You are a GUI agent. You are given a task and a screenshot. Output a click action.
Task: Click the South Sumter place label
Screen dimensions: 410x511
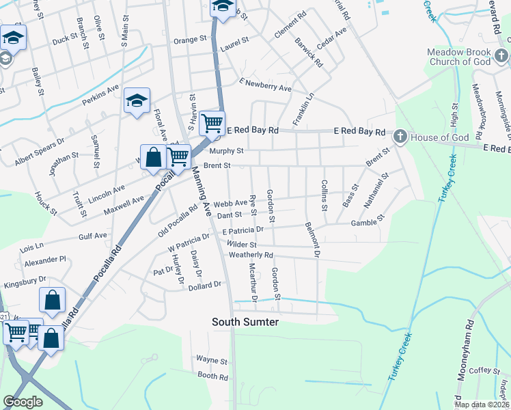[245, 321]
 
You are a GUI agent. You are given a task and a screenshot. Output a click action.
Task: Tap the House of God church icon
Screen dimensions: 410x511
[400, 137]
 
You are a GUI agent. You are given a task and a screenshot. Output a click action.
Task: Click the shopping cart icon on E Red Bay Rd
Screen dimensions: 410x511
[212, 124]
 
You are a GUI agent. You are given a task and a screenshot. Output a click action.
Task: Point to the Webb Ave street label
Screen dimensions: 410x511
[230, 204]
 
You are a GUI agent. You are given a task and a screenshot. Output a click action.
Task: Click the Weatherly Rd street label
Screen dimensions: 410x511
[251, 255]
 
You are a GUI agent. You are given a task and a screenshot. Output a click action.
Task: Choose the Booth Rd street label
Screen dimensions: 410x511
[212, 375]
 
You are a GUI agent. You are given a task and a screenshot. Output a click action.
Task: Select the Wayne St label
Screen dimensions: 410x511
[211, 359]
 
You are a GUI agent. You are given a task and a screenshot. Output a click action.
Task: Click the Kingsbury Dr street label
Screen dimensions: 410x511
[25, 279]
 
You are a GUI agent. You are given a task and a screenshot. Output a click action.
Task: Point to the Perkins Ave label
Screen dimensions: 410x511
[100, 94]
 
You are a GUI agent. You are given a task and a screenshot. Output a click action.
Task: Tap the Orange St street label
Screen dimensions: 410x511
[190, 40]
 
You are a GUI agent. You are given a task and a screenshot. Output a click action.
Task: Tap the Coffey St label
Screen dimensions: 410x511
[485, 370]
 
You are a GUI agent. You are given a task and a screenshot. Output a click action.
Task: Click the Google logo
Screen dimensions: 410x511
[23, 402]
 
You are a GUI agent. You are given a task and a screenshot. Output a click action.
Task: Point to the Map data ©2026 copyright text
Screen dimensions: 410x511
[482, 405]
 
